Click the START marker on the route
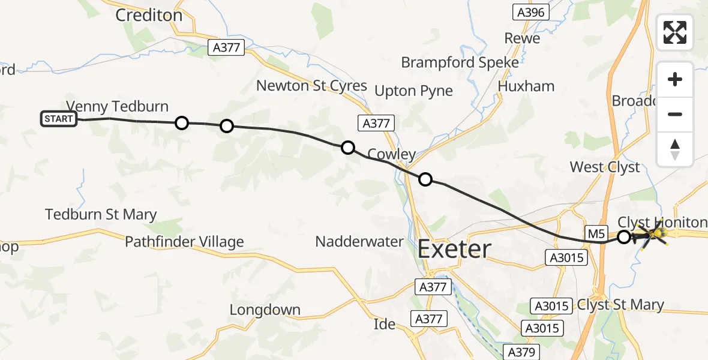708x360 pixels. point(58,119)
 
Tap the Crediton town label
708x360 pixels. point(149,16)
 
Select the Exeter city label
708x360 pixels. point(454,248)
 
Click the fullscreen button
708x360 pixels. point(675,32)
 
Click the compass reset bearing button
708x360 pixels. point(675,149)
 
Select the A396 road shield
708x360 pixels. point(530,13)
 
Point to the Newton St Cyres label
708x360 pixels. point(311,86)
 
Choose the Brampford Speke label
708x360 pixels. point(460,62)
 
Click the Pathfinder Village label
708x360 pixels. point(184,242)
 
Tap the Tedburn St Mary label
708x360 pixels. point(101,214)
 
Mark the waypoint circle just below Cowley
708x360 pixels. point(425,179)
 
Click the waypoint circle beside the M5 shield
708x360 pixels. point(624,237)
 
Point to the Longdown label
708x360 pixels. point(265,310)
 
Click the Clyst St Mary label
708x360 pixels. point(620,305)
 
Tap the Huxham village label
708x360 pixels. point(526,86)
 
